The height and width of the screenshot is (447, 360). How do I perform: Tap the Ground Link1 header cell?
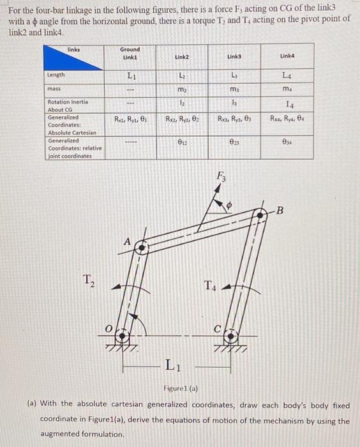coord(130,54)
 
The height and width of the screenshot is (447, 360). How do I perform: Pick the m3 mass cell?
coord(233,88)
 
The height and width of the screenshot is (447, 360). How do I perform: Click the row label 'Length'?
coord(56,75)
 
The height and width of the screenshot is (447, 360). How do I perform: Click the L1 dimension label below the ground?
coord(170,366)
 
